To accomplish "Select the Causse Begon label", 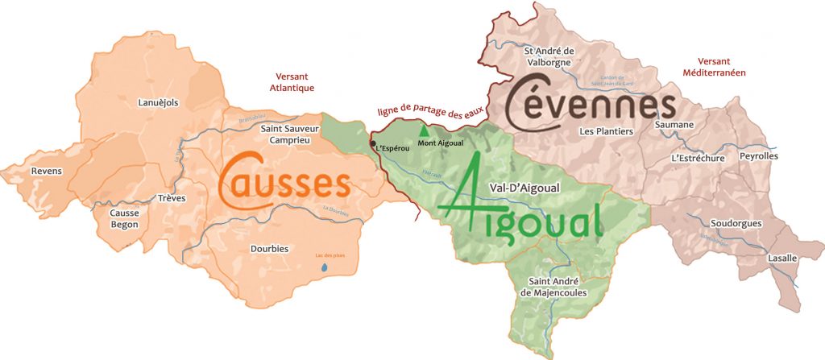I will pyautogui.click(x=124, y=218).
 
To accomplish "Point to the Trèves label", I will pyautogui.click(x=172, y=198).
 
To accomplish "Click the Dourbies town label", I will pyautogui.click(x=269, y=249).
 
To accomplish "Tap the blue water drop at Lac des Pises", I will pyautogui.click(x=325, y=267).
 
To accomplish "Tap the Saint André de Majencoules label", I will pyautogui.click(x=556, y=287).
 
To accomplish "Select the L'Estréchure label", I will pyautogui.click(x=698, y=159).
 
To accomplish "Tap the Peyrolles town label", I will pyautogui.click(x=759, y=155).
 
